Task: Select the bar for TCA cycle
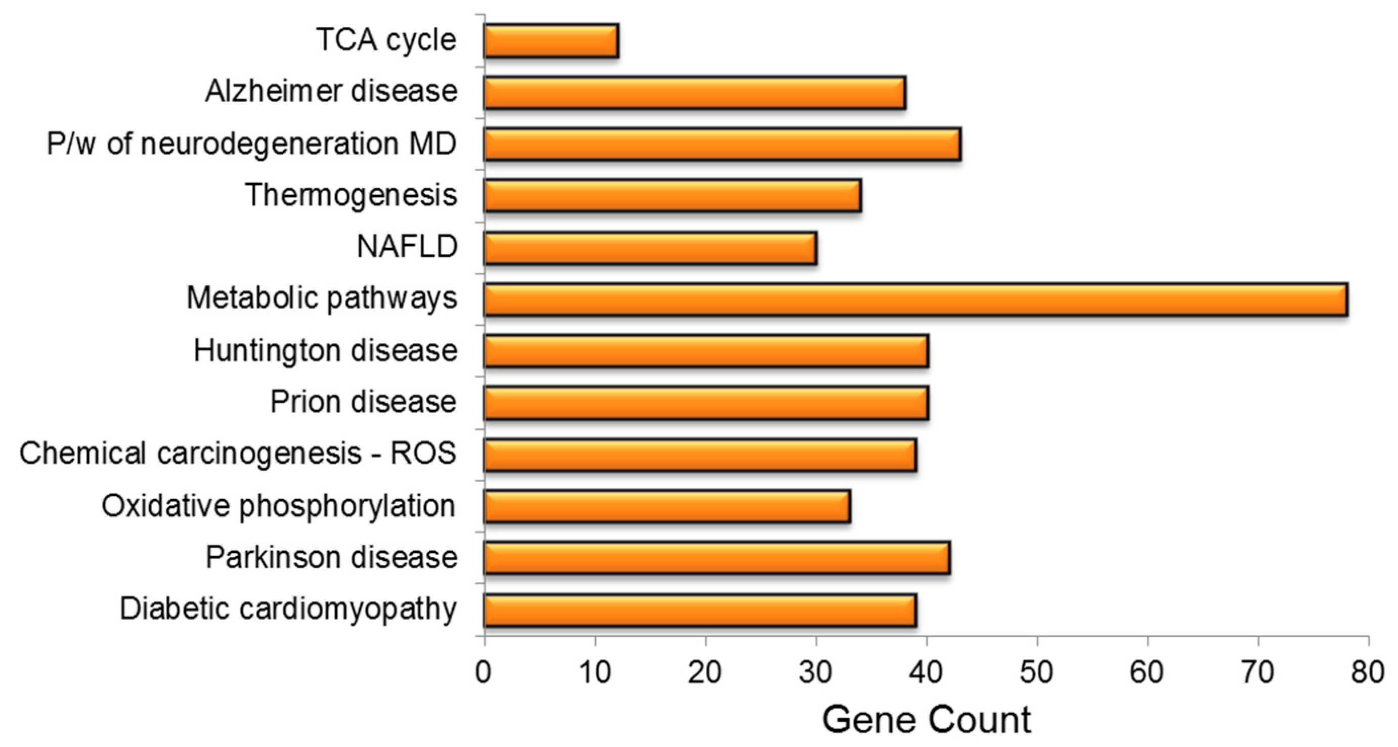(551, 40)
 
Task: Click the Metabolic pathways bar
(915, 299)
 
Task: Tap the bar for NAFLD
(650, 248)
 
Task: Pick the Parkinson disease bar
(716, 558)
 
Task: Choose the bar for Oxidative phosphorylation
(667, 506)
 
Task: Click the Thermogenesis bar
(672, 196)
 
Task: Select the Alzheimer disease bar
(694, 93)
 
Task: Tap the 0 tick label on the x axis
(484, 672)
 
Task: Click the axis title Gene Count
(927, 720)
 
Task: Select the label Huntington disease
(326, 350)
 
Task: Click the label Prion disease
(363, 402)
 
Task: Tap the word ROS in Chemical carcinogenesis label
(423, 453)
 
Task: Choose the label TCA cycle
(386, 40)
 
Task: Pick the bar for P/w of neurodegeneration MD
(722, 144)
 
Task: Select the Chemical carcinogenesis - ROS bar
(700, 455)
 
